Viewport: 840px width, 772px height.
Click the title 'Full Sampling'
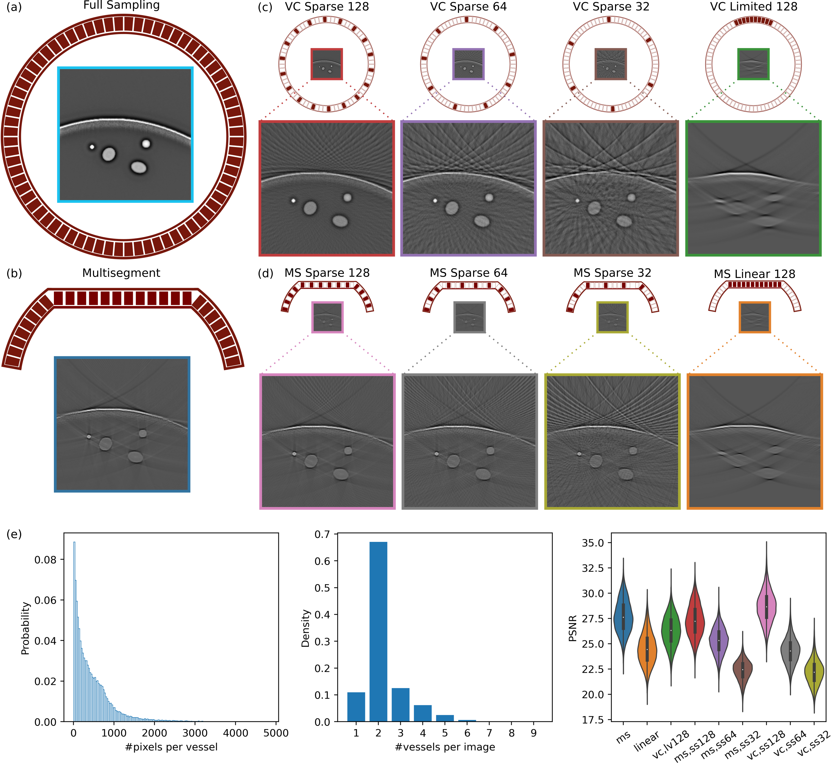pyautogui.click(x=121, y=5)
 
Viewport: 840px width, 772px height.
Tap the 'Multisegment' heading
pyautogui.click(x=121, y=273)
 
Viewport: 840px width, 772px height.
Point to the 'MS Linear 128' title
pyautogui.click(x=754, y=274)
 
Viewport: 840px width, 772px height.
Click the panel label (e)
pyautogui.click(x=14, y=534)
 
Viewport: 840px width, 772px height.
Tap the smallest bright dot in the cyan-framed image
pyautogui.click(x=92, y=147)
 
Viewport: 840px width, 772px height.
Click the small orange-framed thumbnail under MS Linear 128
pyautogui.click(x=755, y=318)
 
